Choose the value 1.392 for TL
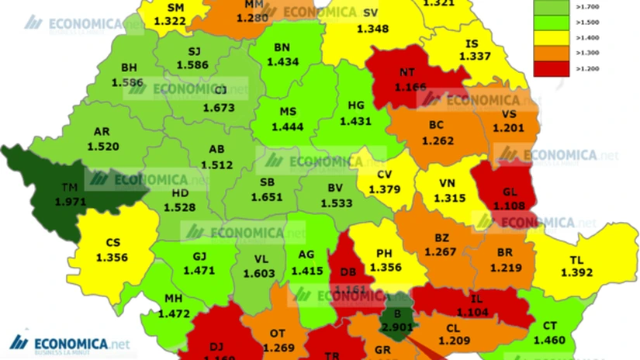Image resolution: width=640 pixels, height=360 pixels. click(575, 273)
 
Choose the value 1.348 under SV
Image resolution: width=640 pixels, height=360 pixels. click(372, 29)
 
